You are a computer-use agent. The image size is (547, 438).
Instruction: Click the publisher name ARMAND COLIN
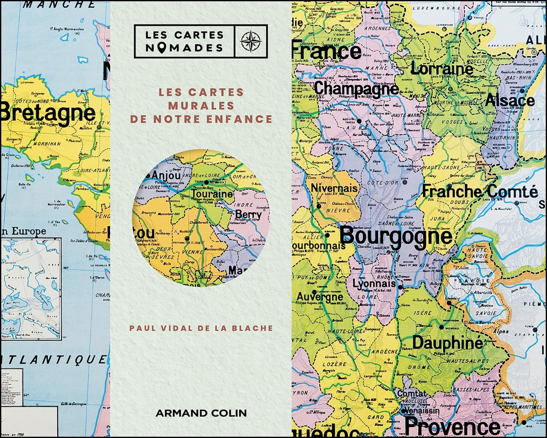coord(201,413)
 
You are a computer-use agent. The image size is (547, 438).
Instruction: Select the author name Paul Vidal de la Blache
coord(201,328)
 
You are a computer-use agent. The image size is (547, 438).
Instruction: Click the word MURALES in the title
coord(201,106)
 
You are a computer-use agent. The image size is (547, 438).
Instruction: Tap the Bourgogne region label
coord(396,236)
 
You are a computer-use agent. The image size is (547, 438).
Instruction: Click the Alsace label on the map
coord(510,101)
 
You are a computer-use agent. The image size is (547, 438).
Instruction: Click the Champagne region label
coord(356,88)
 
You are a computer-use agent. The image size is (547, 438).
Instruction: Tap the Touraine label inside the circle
coord(212,194)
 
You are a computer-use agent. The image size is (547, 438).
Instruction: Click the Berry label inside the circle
coord(248,215)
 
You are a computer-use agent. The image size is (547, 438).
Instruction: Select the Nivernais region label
coord(334,188)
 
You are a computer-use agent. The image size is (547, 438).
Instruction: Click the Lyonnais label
coord(374,284)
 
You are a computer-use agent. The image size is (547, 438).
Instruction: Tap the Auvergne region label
coord(320,296)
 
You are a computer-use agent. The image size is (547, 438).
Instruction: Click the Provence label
coord(452,426)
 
